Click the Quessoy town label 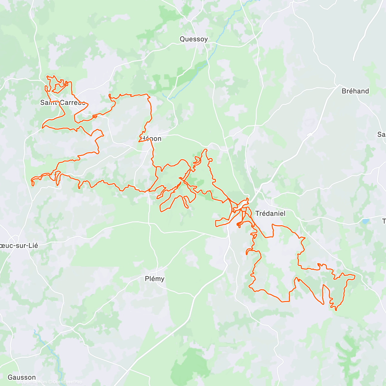[194, 39]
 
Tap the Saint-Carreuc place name [63, 103]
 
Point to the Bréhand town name [355, 91]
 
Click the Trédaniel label [270, 213]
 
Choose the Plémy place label [155, 279]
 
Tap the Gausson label [22, 377]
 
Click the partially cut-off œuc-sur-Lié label [19, 246]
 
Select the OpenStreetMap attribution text [68, 382]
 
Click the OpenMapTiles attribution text [34, 382]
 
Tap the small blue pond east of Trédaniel [365, 221]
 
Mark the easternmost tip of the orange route [355, 276]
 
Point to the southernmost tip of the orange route [336, 310]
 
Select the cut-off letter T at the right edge [384, 221]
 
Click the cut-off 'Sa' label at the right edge [381, 134]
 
